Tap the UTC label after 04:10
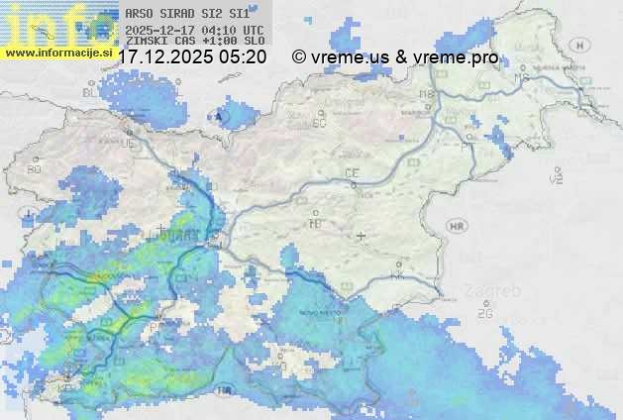point(253,30)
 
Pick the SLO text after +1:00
point(253,41)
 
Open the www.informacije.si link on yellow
point(59,52)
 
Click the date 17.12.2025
point(164,57)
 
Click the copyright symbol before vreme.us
point(299,57)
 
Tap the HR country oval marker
point(457,227)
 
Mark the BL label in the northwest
point(91,91)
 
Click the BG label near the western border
point(34,169)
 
